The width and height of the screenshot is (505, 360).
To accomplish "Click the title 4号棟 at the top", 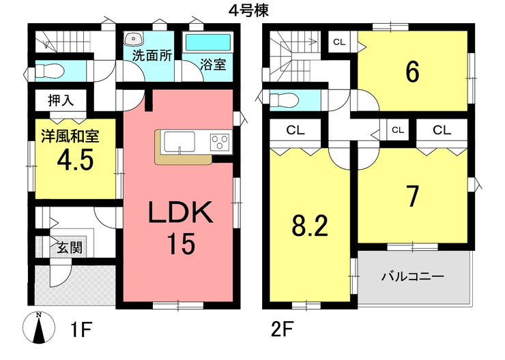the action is tap(248, 11).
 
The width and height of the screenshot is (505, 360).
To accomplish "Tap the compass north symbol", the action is tap(38, 327).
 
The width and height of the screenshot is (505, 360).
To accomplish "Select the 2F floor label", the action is tap(282, 329).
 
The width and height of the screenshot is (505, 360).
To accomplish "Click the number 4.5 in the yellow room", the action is tap(75, 160).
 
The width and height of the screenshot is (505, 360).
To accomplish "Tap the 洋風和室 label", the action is tap(70, 136).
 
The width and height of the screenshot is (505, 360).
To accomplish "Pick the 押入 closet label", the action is tap(61, 100).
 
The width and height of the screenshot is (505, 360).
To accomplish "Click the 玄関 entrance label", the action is tap(70, 247).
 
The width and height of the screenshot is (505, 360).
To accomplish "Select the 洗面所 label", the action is tap(152, 56).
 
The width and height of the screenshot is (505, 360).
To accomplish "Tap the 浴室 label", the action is tap(213, 64).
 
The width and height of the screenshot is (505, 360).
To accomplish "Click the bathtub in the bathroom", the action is tap(207, 42).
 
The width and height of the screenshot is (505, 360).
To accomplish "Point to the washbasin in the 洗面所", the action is tap(134, 40).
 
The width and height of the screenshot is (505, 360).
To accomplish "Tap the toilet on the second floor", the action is tap(283, 100).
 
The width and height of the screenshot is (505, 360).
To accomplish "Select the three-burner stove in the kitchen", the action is tap(220, 142).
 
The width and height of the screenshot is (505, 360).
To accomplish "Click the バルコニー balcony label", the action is tap(413, 276).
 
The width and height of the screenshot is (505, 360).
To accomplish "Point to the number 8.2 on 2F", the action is tap(310, 226).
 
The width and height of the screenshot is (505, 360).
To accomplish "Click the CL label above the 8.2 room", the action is tap(295, 130).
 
